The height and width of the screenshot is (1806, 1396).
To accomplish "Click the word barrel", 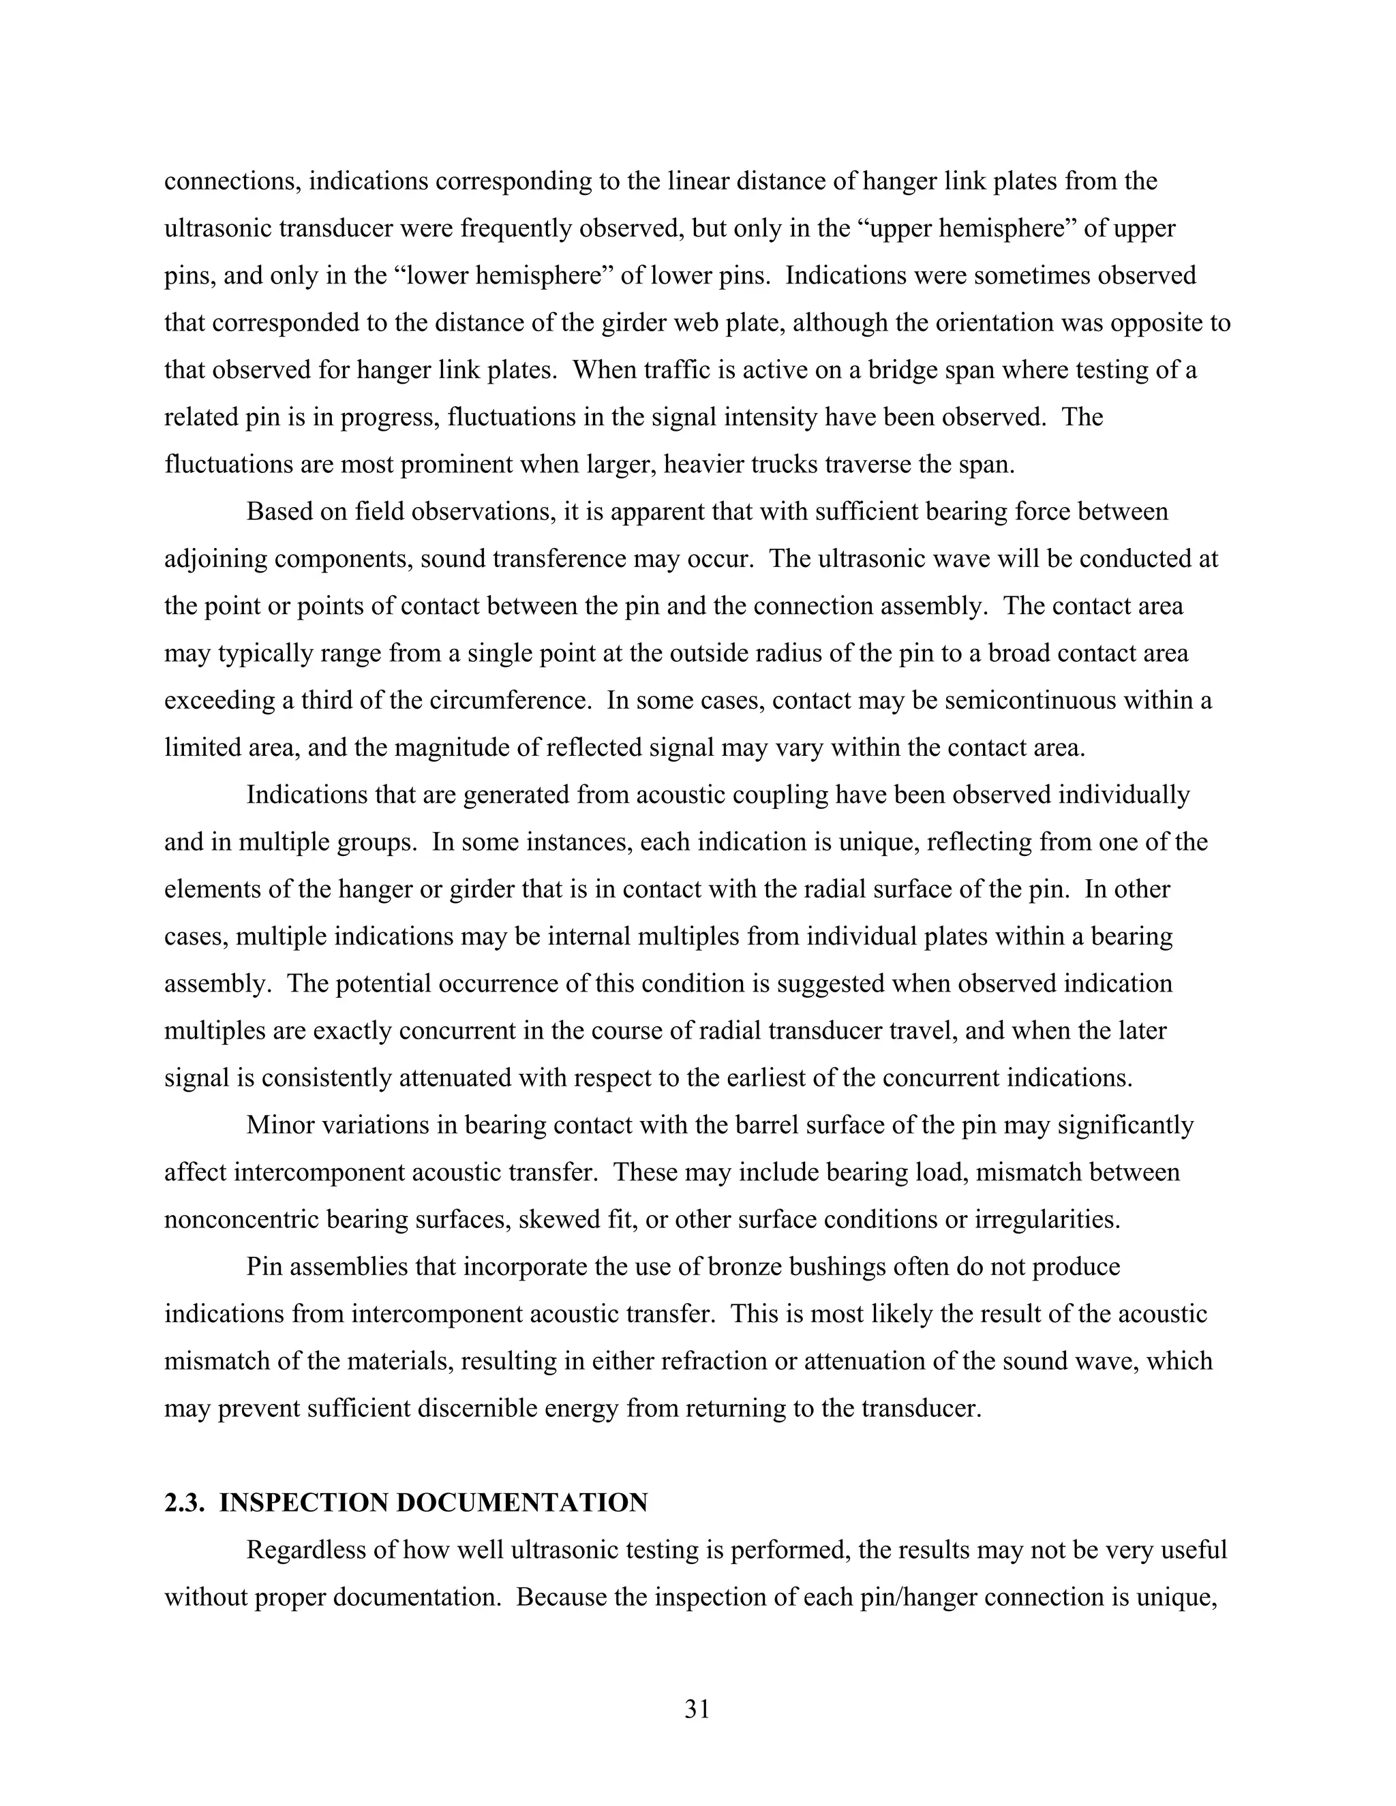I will [x=831, y=1125].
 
